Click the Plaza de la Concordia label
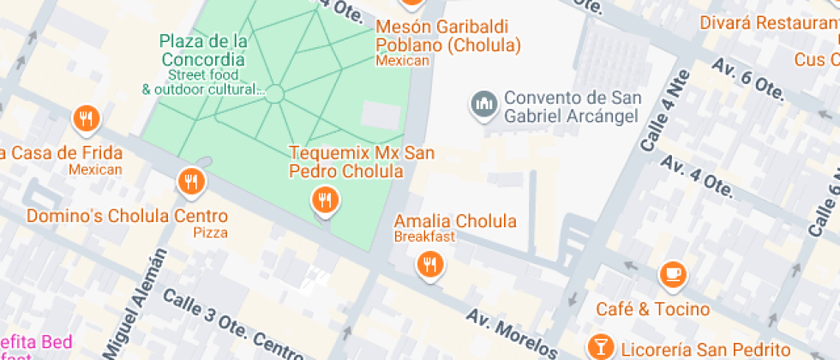(203, 50)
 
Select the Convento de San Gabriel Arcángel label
(571, 106)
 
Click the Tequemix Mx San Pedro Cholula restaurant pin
(324, 201)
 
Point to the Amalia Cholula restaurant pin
(429, 265)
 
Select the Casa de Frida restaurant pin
(85, 121)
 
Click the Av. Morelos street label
(513, 332)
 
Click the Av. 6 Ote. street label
(745, 82)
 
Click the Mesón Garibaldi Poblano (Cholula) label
(448, 35)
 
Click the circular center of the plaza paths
(274, 93)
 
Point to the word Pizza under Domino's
(209, 232)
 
